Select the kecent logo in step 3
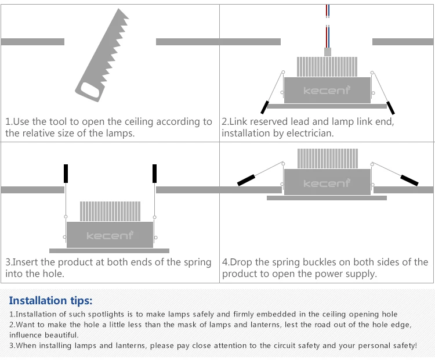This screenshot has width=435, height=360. tap(110, 235)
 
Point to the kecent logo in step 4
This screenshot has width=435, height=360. tap(327, 183)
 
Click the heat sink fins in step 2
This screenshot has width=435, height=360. tap(326, 67)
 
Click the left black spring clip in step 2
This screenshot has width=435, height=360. tap(264, 107)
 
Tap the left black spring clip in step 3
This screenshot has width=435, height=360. tap(66, 173)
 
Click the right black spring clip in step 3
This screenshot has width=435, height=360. tap(155, 173)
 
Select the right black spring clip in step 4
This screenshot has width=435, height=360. tap(409, 180)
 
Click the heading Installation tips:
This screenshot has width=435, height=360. tap(50, 300)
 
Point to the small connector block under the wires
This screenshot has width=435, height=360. tap(327, 52)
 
